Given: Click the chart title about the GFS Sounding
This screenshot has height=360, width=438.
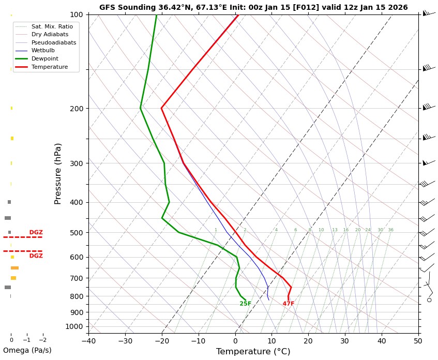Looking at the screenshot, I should coord(253,8).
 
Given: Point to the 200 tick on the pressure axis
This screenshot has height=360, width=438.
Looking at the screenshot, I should coord(77,109).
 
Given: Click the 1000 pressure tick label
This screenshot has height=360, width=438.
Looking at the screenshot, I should coord(75,326).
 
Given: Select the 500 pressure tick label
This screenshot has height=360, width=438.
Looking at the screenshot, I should coord(77,233).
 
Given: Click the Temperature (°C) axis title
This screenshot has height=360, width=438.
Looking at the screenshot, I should coord(253,352).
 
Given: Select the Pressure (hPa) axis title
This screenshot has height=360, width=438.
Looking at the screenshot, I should coord(58,173).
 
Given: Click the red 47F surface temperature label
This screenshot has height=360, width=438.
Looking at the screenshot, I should coord(288,304).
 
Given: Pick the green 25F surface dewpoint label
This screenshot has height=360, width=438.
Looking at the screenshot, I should coord(245,304).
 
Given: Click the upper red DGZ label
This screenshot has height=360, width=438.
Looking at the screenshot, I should coord(36,233).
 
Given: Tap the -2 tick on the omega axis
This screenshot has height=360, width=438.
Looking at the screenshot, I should coord(42,340).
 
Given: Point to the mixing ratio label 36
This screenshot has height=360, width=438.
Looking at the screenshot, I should coord(390,230).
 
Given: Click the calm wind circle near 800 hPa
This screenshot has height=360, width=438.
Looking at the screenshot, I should coord(429,300).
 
